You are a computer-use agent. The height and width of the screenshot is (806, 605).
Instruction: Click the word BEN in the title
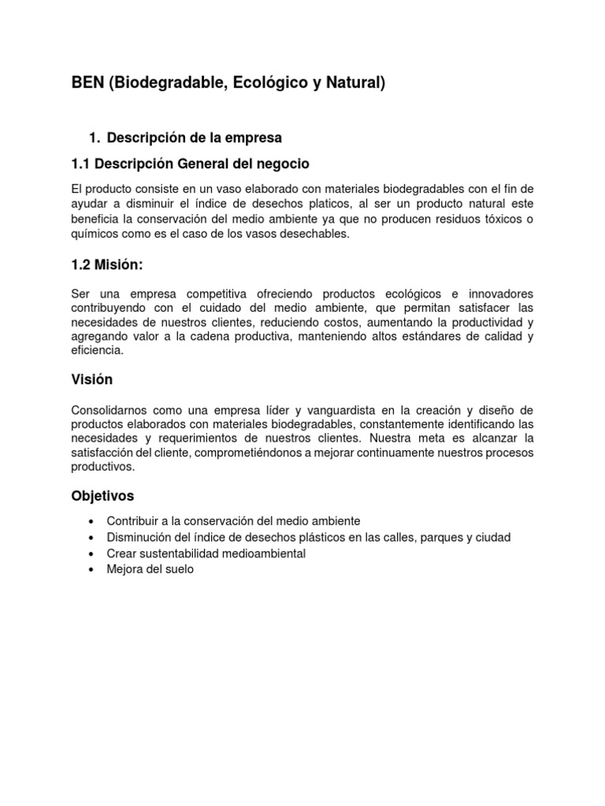87,83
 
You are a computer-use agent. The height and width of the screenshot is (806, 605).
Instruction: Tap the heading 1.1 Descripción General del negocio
190,164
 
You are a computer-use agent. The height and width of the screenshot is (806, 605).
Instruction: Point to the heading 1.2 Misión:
107,266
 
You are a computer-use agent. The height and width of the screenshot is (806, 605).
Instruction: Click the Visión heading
92,379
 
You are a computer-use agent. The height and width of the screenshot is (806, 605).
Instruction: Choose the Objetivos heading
102,496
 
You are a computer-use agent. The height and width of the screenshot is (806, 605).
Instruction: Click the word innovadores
495,294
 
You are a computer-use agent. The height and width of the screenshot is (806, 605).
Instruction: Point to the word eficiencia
97,351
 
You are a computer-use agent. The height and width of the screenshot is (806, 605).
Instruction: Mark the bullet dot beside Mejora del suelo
93,569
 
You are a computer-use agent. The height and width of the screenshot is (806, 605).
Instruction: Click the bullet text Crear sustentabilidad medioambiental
206,553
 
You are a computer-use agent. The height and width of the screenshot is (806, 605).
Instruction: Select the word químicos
95,235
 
